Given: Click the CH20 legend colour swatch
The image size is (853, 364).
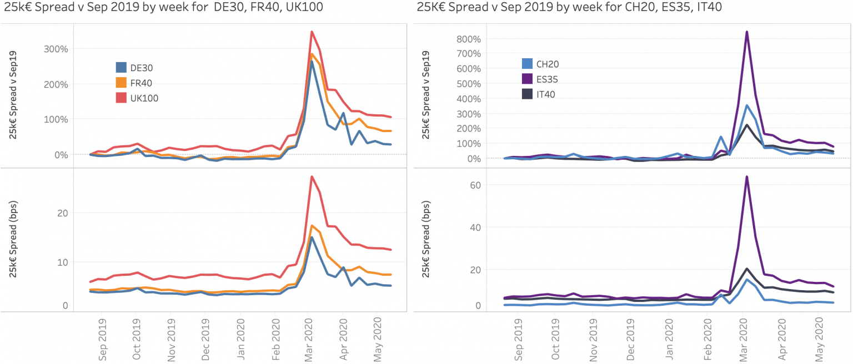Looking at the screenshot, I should coord(525,64).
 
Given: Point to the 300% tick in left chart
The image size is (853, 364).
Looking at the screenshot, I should coord(56,49).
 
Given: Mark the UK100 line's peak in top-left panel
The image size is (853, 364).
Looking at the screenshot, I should coord(312,32).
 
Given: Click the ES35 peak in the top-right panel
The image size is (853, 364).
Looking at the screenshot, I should coord(747,32).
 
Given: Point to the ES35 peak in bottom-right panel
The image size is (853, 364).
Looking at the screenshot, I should coord(747,177).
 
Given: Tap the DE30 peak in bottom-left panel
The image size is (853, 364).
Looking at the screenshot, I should coord(312,237).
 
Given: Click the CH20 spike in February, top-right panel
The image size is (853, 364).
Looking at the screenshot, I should coord(721,136).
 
